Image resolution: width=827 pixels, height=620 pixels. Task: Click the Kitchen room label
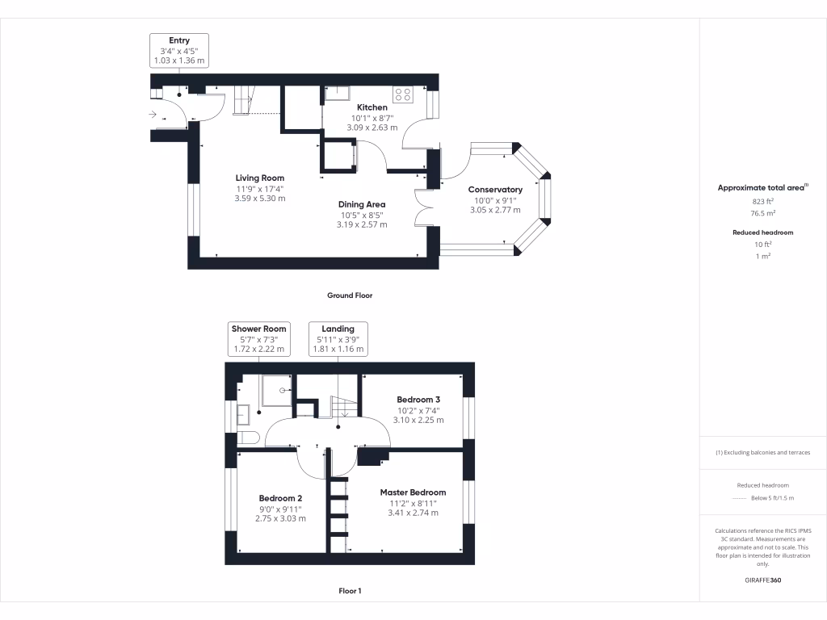(372, 107)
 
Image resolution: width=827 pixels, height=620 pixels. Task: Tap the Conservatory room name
(495, 190)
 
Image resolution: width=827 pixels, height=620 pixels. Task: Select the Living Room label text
(259, 178)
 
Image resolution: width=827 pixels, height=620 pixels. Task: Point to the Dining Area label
(361, 204)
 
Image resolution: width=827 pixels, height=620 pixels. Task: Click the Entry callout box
(179, 50)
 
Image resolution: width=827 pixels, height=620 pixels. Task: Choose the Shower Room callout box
(258, 339)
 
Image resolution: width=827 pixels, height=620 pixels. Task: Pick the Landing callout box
(338, 339)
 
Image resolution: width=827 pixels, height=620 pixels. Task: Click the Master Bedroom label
(413, 492)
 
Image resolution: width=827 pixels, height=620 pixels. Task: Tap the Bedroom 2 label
(280, 498)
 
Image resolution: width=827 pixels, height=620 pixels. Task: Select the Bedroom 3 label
(418, 400)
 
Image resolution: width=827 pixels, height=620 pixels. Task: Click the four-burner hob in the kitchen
(403, 94)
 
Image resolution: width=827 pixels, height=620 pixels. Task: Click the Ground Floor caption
(350, 295)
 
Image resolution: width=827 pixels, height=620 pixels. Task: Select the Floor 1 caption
(350, 591)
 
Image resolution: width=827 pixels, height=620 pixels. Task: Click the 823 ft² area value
(763, 202)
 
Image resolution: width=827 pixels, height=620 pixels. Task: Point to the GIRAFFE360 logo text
(763, 580)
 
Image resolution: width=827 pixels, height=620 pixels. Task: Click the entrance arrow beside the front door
(153, 115)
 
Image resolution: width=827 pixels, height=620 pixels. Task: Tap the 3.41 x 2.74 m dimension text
(413, 513)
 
